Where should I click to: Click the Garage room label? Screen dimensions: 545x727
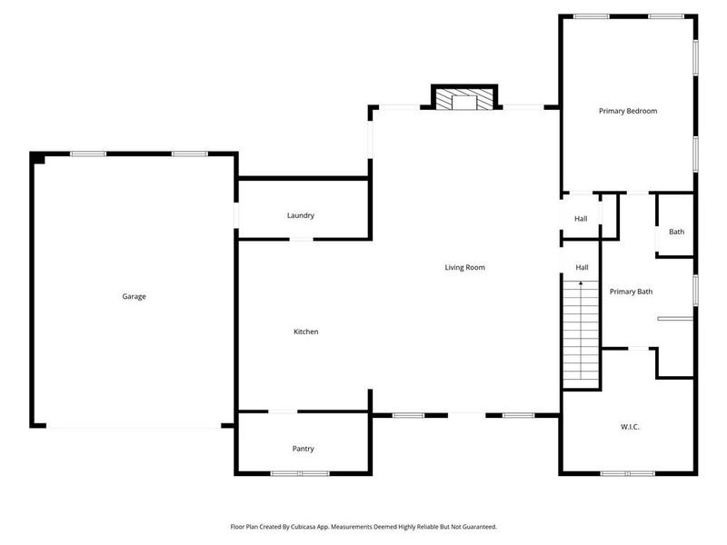tap(134, 296)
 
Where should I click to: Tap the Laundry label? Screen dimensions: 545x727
tap(300, 215)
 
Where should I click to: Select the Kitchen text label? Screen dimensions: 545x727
tap(305, 332)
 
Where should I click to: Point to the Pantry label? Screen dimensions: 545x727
tap(304, 449)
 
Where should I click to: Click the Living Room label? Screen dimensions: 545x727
tap(464, 267)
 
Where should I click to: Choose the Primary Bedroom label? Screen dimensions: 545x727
tap(627, 111)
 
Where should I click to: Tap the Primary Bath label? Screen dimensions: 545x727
tap(631, 292)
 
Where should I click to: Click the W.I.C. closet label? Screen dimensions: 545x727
tap(631, 426)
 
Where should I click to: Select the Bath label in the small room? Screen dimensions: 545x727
tap(676, 232)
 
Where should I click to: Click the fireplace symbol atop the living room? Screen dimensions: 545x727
tap(464, 98)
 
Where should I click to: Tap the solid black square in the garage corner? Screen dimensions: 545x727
tap(38, 159)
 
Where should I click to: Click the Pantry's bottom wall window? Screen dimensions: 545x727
tap(301, 473)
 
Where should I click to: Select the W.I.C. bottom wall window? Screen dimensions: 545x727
tap(627, 473)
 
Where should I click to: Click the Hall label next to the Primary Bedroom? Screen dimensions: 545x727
tap(581, 219)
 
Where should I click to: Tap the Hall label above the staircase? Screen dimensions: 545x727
tap(582, 267)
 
